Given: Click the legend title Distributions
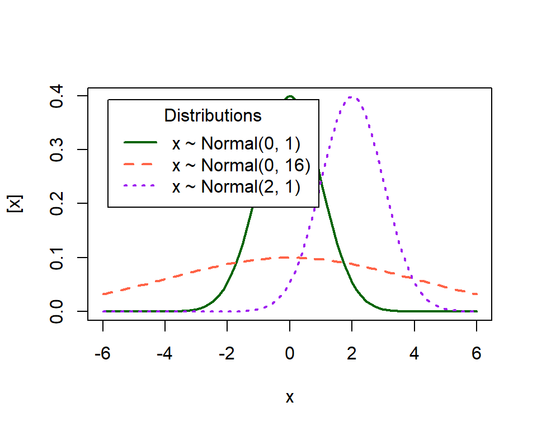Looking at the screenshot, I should [x=213, y=116].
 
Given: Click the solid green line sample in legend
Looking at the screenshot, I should [x=140, y=144].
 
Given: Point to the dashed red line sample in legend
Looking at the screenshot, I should [x=140, y=165].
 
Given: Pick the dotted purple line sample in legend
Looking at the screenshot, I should [x=140, y=186].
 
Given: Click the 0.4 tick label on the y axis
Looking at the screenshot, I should [x=56, y=96].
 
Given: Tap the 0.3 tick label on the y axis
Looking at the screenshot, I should [x=56, y=149].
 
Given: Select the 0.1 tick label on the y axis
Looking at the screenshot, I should [x=56, y=258].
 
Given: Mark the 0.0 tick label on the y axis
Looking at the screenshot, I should [x=56, y=311].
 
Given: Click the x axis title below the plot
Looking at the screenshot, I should [x=290, y=397].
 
